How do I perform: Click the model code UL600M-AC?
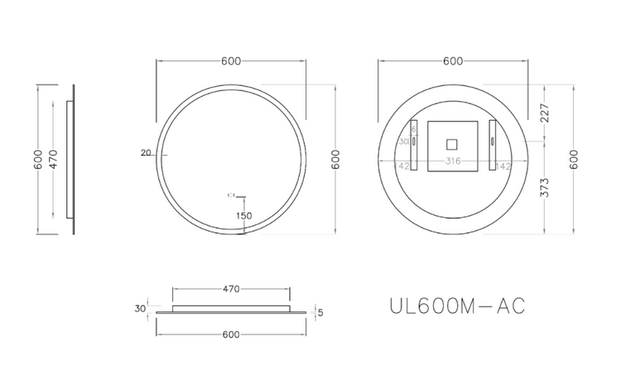(456, 306)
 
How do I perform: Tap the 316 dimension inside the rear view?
(453, 161)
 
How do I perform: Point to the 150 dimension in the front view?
(243, 215)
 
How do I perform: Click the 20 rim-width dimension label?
(147, 152)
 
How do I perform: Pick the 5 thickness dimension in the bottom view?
(320, 313)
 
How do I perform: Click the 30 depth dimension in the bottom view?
(141, 308)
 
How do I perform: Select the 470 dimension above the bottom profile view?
(231, 289)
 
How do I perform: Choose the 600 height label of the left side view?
(37, 159)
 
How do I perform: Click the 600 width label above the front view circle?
(231, 60)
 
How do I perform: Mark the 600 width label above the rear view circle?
(453, 60)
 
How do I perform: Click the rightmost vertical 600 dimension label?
(574, 159)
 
